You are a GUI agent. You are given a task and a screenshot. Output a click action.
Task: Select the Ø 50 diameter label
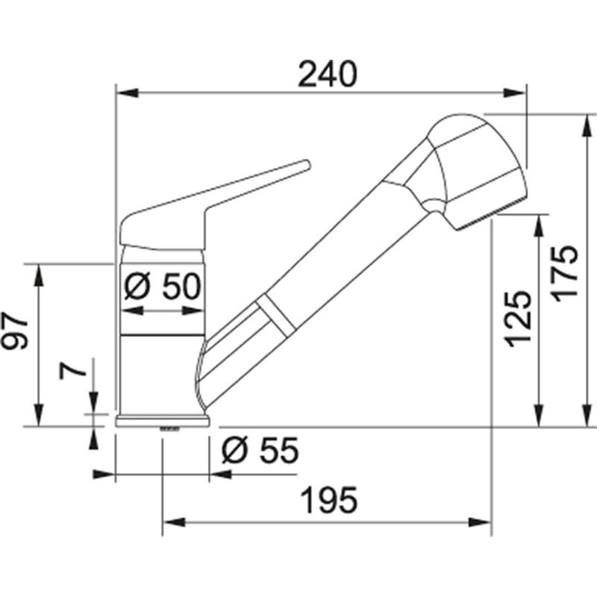(x=162, y=287)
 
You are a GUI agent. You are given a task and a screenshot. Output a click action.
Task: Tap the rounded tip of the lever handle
(x=304, y=165)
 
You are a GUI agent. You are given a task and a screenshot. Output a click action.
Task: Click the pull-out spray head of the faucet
(x=470, y=168)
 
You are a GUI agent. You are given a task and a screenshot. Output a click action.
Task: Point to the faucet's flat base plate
(x=162, y=420)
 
